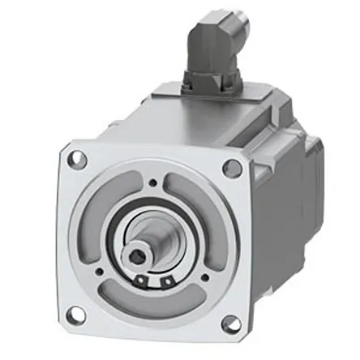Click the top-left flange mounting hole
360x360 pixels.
(79, 160)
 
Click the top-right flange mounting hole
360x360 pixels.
(231, 169)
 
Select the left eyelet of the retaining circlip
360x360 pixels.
(143, 281)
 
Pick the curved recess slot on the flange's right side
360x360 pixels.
(212, 235)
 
